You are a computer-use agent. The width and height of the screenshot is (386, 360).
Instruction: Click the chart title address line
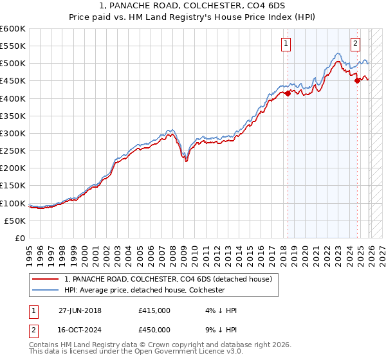(192, 7)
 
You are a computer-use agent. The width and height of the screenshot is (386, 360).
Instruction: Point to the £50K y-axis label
(15, 221)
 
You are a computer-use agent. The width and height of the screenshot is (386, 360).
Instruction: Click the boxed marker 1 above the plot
(285, 44)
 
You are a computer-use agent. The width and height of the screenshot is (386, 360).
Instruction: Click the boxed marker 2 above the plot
(355, 44)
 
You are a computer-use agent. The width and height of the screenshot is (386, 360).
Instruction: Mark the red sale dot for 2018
(288, 93)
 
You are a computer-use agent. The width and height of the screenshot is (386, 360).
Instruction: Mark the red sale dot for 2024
(358, 81)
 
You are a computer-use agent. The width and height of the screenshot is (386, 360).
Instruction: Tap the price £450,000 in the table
(154, 331)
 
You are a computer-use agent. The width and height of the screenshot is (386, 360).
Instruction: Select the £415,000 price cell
(154, 310)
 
